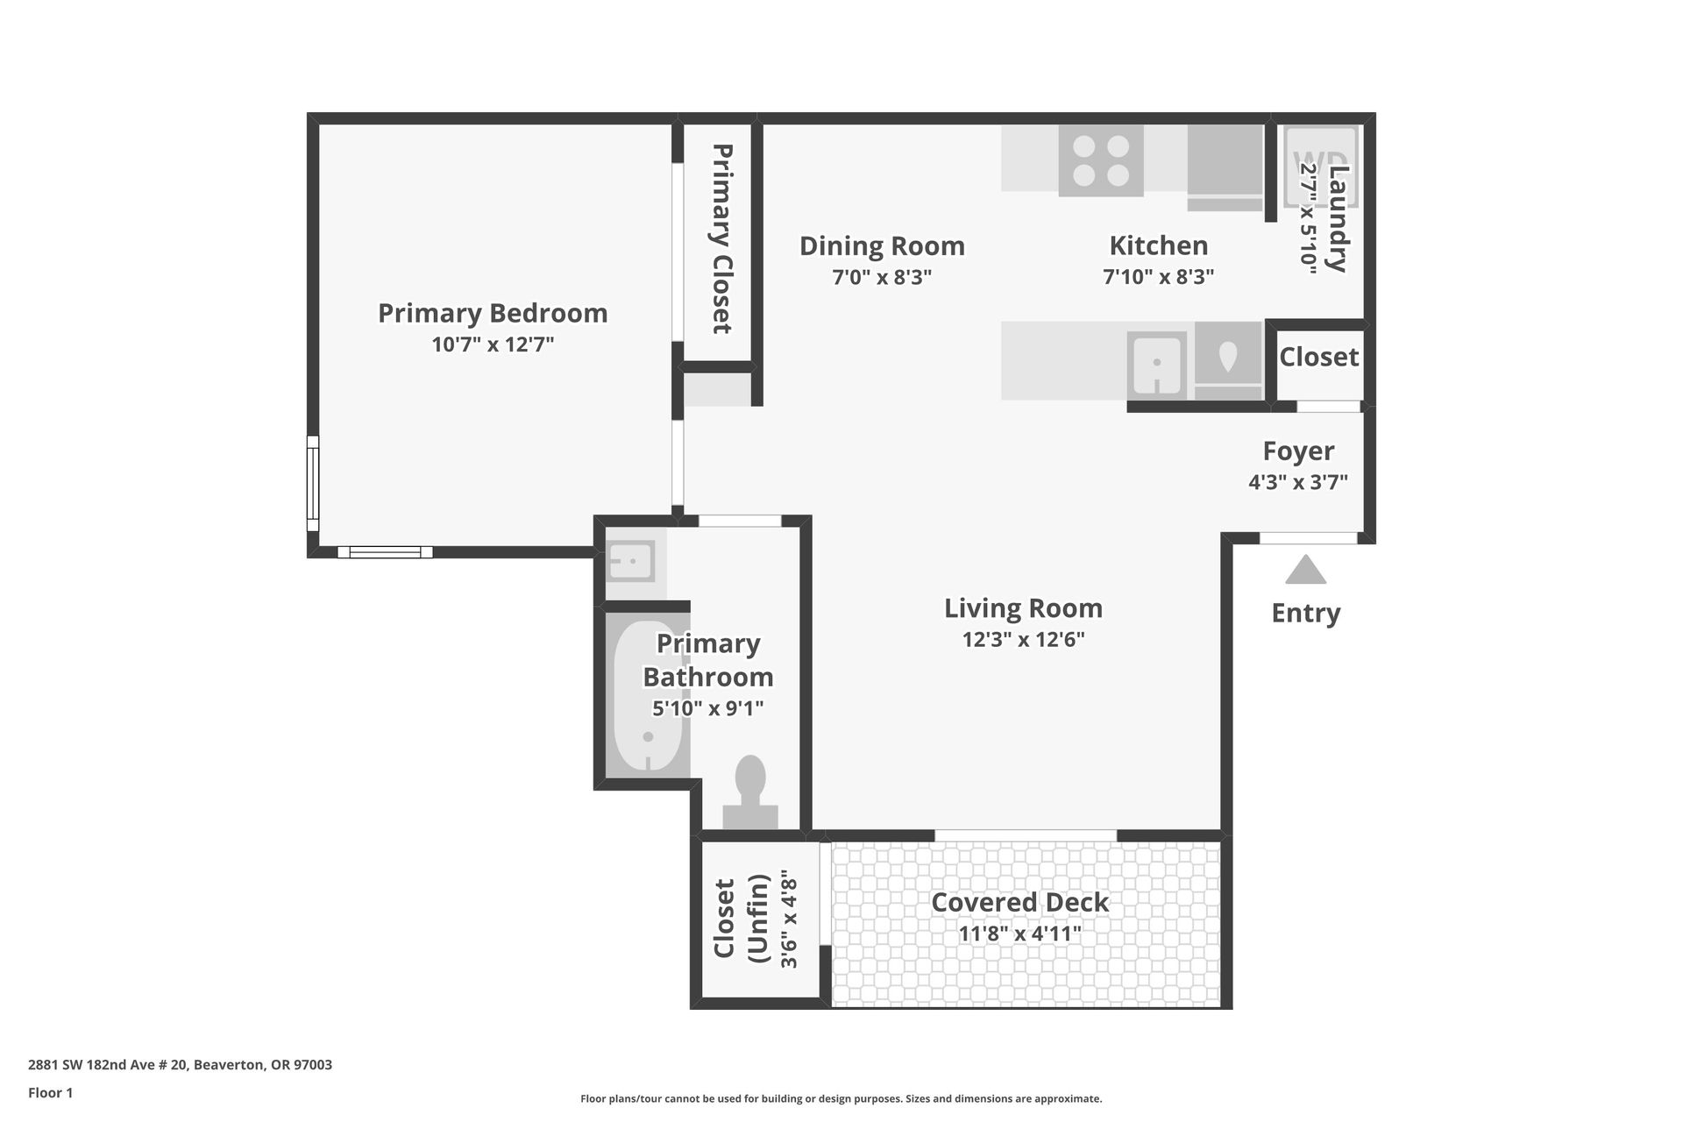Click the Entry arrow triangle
[x=1305, y=570]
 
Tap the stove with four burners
[x=1101, y=160]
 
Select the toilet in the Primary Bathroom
[x=750, y=792]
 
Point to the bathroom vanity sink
[x=631, y=561]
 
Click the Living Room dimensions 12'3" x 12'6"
[x=1023, y=640]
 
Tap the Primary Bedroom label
[x=493, y=313]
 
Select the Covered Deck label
[x=1019, y=902]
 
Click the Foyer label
[x=1298, y=451]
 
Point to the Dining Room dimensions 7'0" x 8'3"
[x=882, y=277]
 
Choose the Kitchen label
[x=1158, y=245]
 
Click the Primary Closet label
[x=721, y=239]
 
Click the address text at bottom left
[x=180, y=1065]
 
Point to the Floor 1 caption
[x=50, y=1092]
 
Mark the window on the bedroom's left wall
[x=313, y=483]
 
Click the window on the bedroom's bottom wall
[x=385, y=552]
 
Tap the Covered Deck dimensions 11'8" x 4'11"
[x=1019, y=934]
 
